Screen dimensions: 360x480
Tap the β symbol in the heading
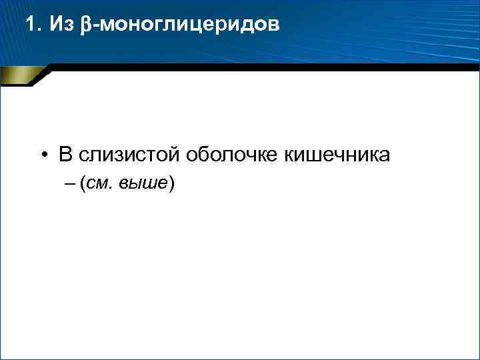point(84,25)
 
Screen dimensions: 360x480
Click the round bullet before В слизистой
point(42,156)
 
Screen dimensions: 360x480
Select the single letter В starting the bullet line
point(65,155)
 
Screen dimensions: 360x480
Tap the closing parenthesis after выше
point(172,185)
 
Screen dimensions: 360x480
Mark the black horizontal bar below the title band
point(267,67)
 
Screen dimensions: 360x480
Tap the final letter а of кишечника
point(385,157)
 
